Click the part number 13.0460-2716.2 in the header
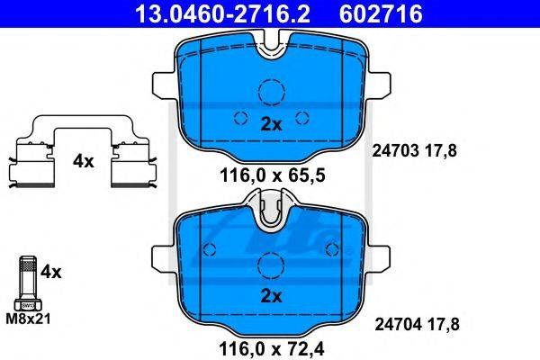click(223, 13)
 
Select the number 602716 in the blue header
click(381, 13)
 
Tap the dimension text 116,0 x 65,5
click(272, 176)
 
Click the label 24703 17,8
click(414, 151)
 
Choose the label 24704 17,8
click(417, 325)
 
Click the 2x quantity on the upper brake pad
click(272, 124)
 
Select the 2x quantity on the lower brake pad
click(272, 295)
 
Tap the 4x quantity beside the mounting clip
click(83, 161)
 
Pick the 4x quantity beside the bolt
click(51, 272)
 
